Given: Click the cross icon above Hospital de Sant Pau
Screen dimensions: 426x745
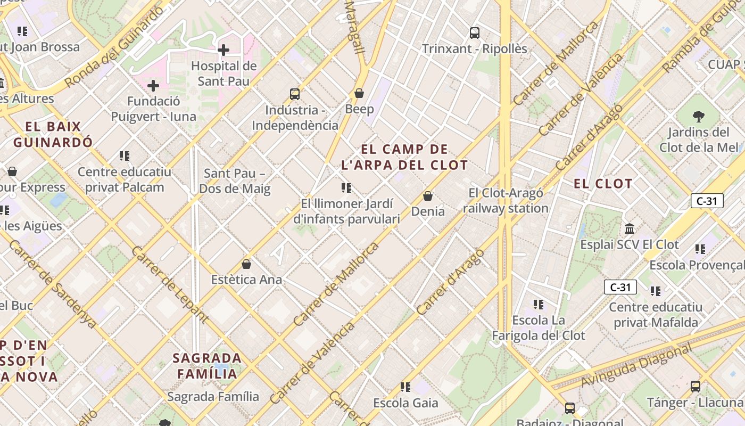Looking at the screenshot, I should [223, 50].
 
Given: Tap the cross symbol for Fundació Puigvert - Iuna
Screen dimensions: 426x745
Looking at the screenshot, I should [153, 85].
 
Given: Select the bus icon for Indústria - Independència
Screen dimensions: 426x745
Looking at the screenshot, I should [295, 94].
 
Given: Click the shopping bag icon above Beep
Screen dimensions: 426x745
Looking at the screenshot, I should [359, 93].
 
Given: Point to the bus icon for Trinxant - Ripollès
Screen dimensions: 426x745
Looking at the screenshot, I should [475, 33].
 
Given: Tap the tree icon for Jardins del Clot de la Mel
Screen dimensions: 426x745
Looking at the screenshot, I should [699, 116].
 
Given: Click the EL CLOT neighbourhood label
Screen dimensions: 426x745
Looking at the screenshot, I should [603, 184].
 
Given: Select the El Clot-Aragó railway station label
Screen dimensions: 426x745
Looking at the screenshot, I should [505, 201].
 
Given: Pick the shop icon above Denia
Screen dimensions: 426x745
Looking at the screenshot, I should [428, 196].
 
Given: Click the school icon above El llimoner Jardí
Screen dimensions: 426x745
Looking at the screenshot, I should [346, 188].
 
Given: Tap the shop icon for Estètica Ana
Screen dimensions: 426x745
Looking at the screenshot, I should [246, 264].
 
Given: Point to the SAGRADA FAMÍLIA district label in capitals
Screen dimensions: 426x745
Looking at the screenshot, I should [207, 366].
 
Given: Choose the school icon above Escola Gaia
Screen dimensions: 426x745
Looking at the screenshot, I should [405, 387].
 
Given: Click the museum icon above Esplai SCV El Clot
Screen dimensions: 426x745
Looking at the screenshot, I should [630, 229].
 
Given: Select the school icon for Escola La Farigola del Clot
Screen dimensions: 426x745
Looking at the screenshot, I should [539, 305].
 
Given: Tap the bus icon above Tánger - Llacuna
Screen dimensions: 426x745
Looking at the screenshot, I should [695, 387].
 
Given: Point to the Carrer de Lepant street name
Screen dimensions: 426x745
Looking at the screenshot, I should [169, 285].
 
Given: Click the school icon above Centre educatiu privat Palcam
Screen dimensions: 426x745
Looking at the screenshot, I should [125, 156].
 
